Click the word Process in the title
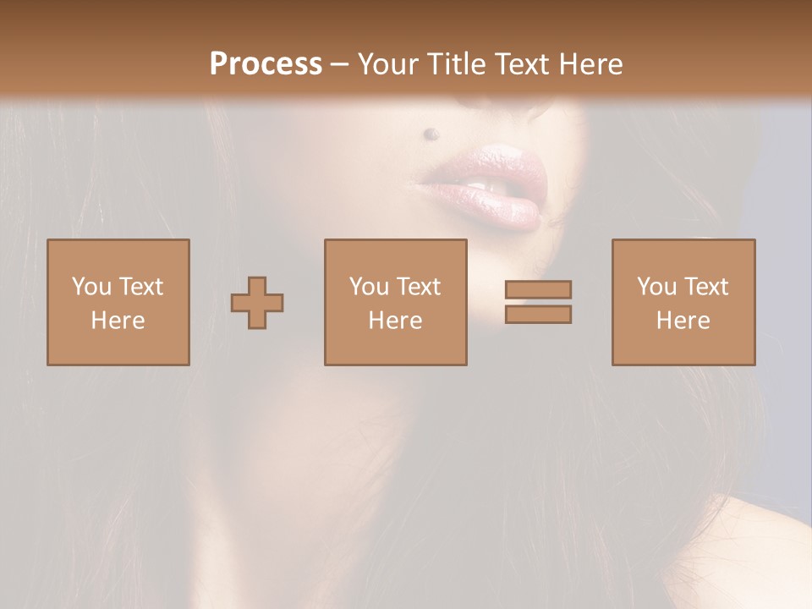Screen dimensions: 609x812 point(266,63)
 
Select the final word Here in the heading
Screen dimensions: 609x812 point(590,63)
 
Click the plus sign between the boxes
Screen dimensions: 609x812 point(257,303)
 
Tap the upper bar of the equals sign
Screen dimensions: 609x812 point(538,289)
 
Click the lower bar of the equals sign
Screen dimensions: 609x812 point(538,315)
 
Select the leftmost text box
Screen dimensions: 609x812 point(118,303)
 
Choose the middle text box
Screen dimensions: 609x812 point(395,303)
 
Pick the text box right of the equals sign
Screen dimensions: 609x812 point(683,303)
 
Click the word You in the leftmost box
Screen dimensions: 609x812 point(91,287)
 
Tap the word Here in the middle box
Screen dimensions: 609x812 point(395,321)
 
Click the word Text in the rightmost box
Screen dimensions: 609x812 point(706,287)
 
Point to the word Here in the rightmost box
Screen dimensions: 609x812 point(683,321)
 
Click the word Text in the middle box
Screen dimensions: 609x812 point(419,287)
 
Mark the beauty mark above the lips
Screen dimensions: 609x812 point(431,133)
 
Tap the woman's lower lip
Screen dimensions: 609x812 point(499,207)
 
